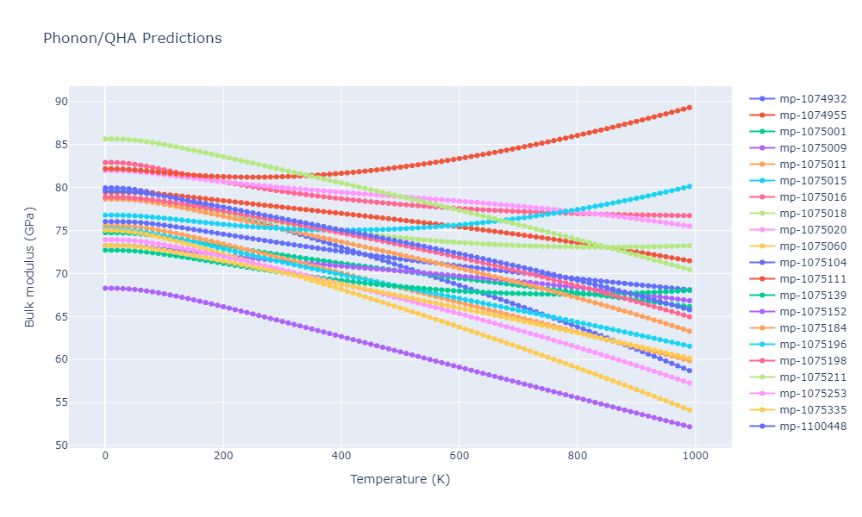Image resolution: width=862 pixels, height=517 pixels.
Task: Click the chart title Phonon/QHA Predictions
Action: click(x=132, y=39)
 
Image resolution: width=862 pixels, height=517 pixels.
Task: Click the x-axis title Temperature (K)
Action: click(x=399, y=479)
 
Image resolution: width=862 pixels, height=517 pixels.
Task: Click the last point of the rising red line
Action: click(x=690, y=108)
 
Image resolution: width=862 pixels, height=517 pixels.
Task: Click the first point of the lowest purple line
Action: click(x=105, y=288)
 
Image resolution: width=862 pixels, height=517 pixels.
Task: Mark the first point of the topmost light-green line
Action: click(x=105, y=139)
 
